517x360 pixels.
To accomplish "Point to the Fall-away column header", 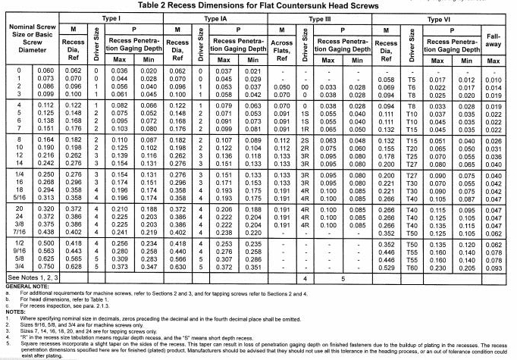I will point(493,39).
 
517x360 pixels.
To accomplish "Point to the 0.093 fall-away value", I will point(493,268).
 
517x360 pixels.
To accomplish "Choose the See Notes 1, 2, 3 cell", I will point(31,279).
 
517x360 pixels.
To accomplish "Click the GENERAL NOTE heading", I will point(23,287).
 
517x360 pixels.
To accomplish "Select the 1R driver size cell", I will point(305,130).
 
